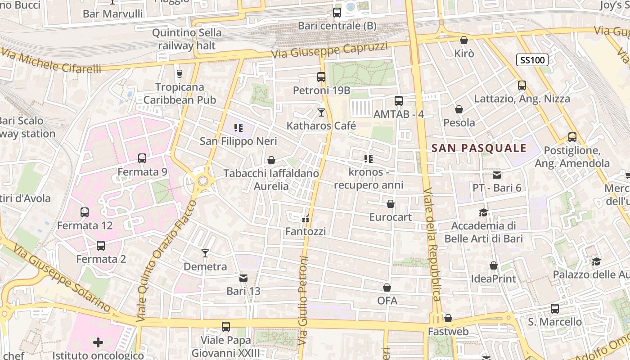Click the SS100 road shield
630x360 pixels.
coord(531,59)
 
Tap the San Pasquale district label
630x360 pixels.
coord(479,148)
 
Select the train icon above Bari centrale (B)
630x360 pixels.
coord(337,13)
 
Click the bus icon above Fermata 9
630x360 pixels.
coord(142,158)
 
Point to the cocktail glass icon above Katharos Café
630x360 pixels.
coord(321,112)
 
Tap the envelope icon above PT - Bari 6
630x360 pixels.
coord(497,175)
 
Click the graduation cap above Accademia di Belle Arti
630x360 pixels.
coord(483,212)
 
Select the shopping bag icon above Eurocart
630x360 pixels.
coord(391,204)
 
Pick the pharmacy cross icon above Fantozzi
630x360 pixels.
coord(306,219)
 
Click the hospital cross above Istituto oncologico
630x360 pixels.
coord(98,343)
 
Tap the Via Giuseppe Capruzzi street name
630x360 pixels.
coord(329,50)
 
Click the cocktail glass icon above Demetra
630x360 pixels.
coord(205,253)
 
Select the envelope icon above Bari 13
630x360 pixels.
coord(243,278)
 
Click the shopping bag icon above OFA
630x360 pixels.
coord(387,288)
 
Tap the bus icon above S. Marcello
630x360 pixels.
coord(555,309)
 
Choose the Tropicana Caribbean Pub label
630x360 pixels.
coord(180,93)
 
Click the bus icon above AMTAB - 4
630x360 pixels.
coord(399,101)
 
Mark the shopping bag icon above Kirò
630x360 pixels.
coord(464,40)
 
